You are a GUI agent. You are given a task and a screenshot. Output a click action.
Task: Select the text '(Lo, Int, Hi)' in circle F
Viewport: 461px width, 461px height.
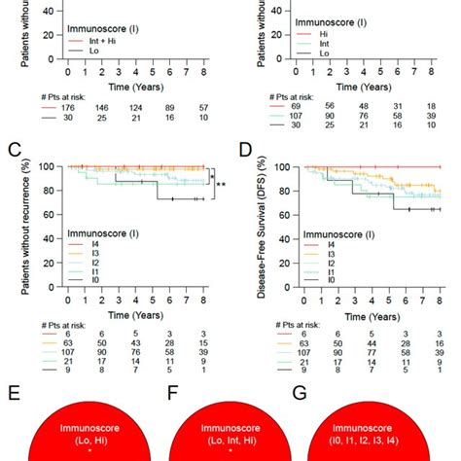click(x=231, y=440)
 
